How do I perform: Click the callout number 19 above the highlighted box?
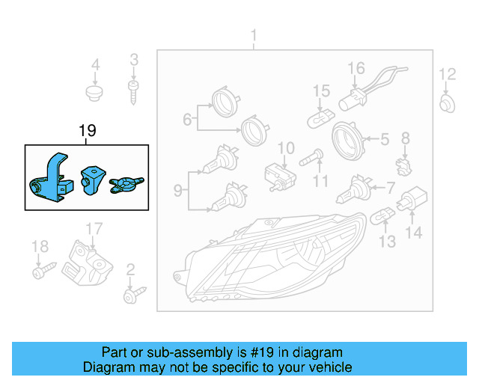(87, 132)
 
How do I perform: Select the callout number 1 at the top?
(253, 35)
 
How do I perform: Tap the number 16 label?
(356, 68)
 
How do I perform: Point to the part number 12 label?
(447, 73)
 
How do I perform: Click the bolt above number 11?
(312, 159)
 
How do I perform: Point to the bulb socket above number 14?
(412, 200)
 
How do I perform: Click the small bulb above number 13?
(382, 217)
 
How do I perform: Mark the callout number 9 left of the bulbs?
(178, 191)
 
